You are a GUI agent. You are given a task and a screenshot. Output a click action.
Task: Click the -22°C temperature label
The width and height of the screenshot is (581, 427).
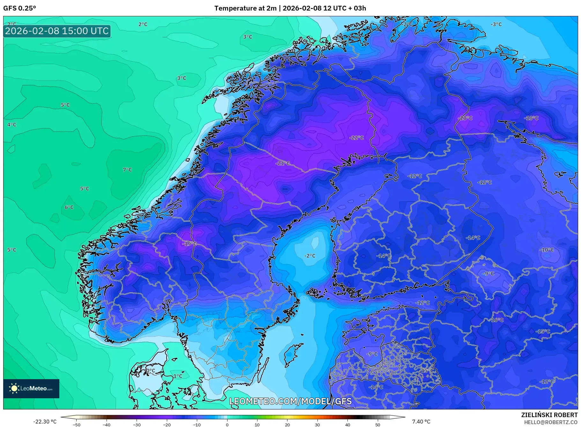click(x=357, y=138)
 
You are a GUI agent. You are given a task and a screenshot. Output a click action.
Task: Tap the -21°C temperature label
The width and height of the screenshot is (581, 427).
click(x=283, y=163)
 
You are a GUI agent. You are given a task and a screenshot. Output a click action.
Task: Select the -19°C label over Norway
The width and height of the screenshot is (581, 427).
click(x=190, y=244)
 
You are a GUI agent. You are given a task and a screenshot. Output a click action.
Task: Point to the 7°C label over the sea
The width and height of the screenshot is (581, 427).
click(x=127, y=170)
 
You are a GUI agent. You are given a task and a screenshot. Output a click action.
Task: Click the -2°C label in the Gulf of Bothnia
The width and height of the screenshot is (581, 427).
click(x=309, y=256)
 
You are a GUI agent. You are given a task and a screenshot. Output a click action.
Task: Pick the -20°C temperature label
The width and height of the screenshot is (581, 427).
click(x=465, y=118)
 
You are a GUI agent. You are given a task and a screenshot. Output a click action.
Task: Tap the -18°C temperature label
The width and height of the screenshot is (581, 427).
click(x=531, y=118)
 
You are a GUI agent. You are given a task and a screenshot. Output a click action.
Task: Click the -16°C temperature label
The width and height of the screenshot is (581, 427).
click(x=497, y=320)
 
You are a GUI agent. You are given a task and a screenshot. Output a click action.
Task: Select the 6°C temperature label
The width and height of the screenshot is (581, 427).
click(x=69, y=207)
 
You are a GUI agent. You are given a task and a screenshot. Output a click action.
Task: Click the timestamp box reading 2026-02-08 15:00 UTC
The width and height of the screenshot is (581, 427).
click(x=57, y=31)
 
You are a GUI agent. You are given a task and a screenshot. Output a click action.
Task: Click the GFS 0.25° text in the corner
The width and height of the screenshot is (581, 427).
click(x=19, y=8)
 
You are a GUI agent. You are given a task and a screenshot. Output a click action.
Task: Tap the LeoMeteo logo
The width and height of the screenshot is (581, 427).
click(x=31, y=388)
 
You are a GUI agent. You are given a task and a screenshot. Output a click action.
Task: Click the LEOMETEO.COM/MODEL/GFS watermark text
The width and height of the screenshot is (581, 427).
click(x=290, y=401)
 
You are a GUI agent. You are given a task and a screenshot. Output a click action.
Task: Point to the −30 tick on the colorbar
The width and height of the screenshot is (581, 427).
click(x=137, y=425)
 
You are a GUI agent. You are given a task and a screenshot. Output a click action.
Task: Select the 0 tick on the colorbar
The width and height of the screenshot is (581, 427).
click(x=227, y=425)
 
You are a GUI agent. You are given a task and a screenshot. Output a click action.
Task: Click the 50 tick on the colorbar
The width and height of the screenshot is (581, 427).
click(x=378, y=425)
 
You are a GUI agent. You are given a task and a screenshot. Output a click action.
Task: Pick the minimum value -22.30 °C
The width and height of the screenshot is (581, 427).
click(x=45, y=422)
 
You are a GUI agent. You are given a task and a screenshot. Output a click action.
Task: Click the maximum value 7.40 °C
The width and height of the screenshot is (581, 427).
click(x=421, y=422)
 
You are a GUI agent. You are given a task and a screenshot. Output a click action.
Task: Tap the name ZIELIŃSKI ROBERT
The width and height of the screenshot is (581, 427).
click(x=549, y=415)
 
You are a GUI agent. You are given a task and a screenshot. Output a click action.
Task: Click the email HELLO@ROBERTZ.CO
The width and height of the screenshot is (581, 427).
click(x=551, y=422)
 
